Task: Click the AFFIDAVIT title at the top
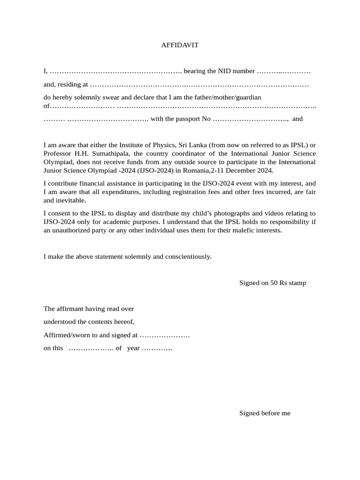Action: pos(180,45)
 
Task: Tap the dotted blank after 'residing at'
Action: pos(199,85)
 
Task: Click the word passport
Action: pos(187,119)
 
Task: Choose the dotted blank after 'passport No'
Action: pos(250,119)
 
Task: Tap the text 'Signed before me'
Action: pos(265,413)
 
